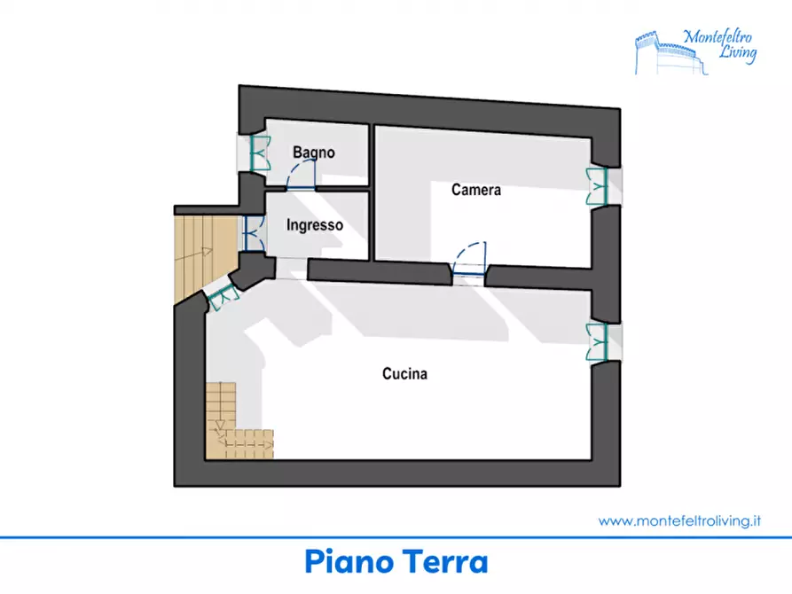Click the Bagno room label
pos(314,152)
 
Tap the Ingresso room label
pos(314,225)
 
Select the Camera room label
pos(476,190)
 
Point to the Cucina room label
pos(404,374)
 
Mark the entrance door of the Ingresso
pos(251,233)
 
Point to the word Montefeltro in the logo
pos(720,37)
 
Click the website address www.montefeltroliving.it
pos(680,521)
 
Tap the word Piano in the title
pos(348,563)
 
